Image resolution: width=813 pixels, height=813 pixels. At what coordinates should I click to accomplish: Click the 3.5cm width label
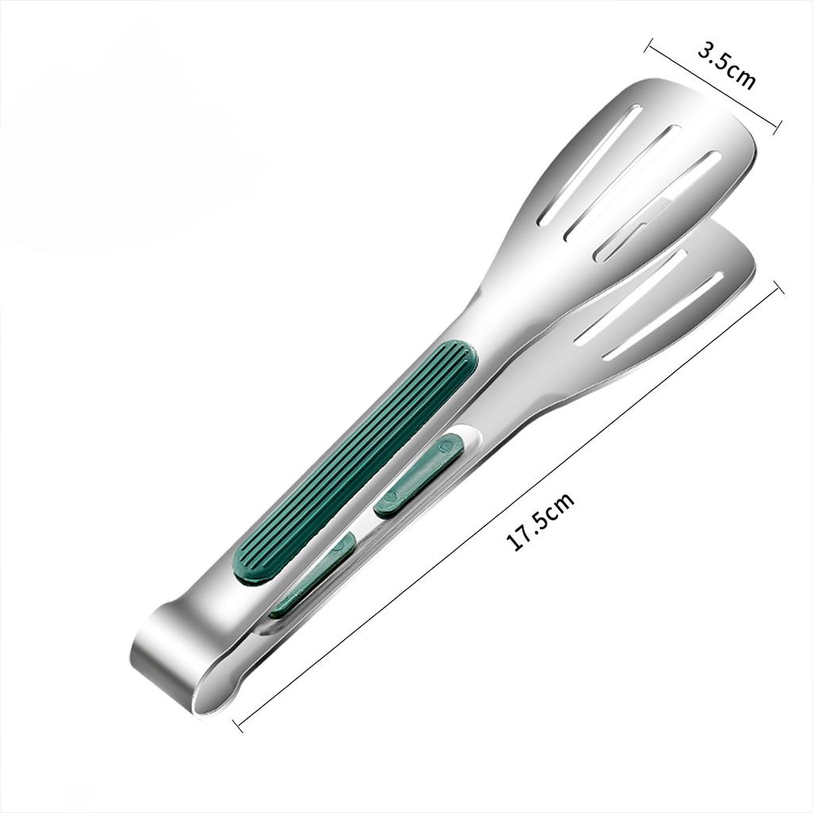[x=726, y=65]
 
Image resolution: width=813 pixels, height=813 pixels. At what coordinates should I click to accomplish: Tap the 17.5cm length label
[x=541, y=520]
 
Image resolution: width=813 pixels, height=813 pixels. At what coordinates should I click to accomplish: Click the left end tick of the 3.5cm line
[x=649, y=44]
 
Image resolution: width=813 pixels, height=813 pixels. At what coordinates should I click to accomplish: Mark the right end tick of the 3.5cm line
[x=777, y=124]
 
